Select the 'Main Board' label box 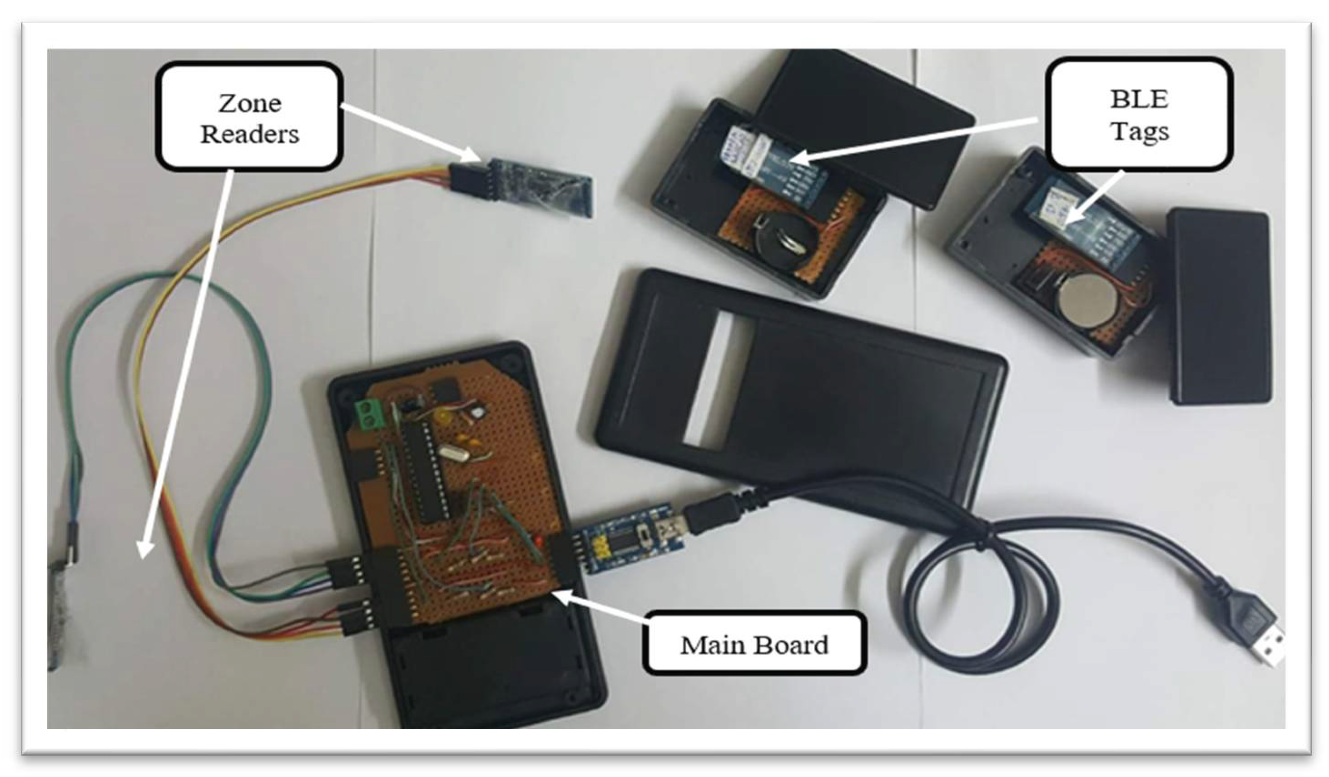pos(754,644)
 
